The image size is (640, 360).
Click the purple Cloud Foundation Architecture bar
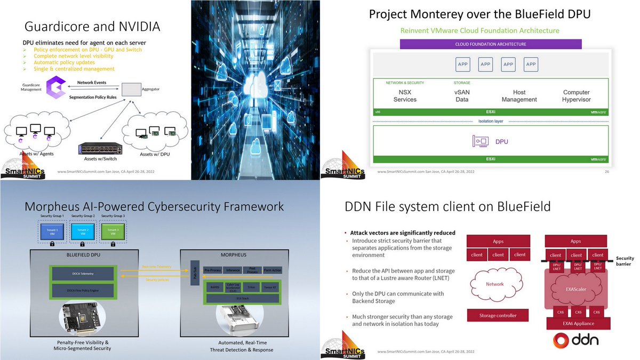pos(490,44)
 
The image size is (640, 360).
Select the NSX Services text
pos(405,96)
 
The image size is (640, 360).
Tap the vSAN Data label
pos(462,96)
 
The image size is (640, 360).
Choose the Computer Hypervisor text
pos(576,96)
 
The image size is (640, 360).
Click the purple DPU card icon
pos(481,142)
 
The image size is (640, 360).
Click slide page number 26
pos(607,172)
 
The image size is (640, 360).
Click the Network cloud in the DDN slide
pos(494,284)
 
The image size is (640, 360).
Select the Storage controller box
pos(498,315)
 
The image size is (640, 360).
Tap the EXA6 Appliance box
pos(576,323)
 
